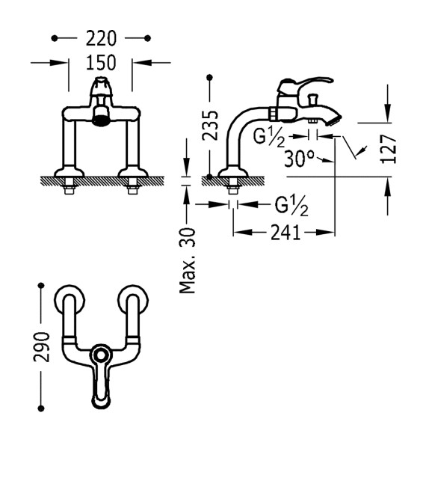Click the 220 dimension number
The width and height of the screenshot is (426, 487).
pos(101,38)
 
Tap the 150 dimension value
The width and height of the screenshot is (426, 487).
pos(101,62)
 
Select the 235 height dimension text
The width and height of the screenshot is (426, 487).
pos(210,125)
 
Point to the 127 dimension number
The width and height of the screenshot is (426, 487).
pos(389,149)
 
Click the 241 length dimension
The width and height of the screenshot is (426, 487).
pos(285,233)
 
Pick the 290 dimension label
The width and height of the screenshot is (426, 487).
pos(41,346)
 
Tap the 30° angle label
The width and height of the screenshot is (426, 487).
pos(299,159)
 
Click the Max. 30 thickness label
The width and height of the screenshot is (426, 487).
pos(188,260)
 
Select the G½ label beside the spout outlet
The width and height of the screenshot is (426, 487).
pos(269,138)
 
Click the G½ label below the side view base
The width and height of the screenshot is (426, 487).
pos(291,206)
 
